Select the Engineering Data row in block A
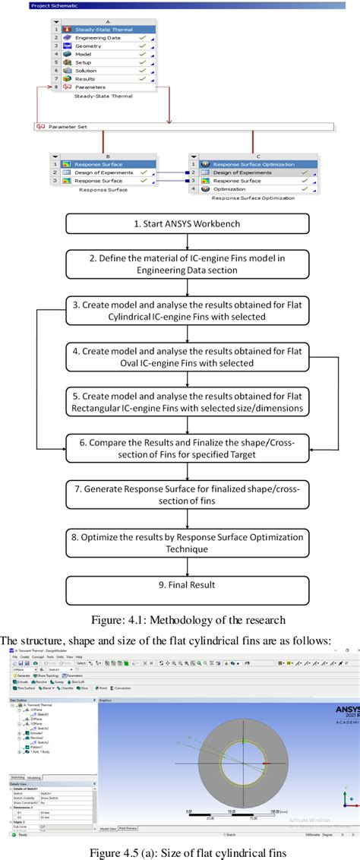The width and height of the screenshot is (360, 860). pos(99,36)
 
